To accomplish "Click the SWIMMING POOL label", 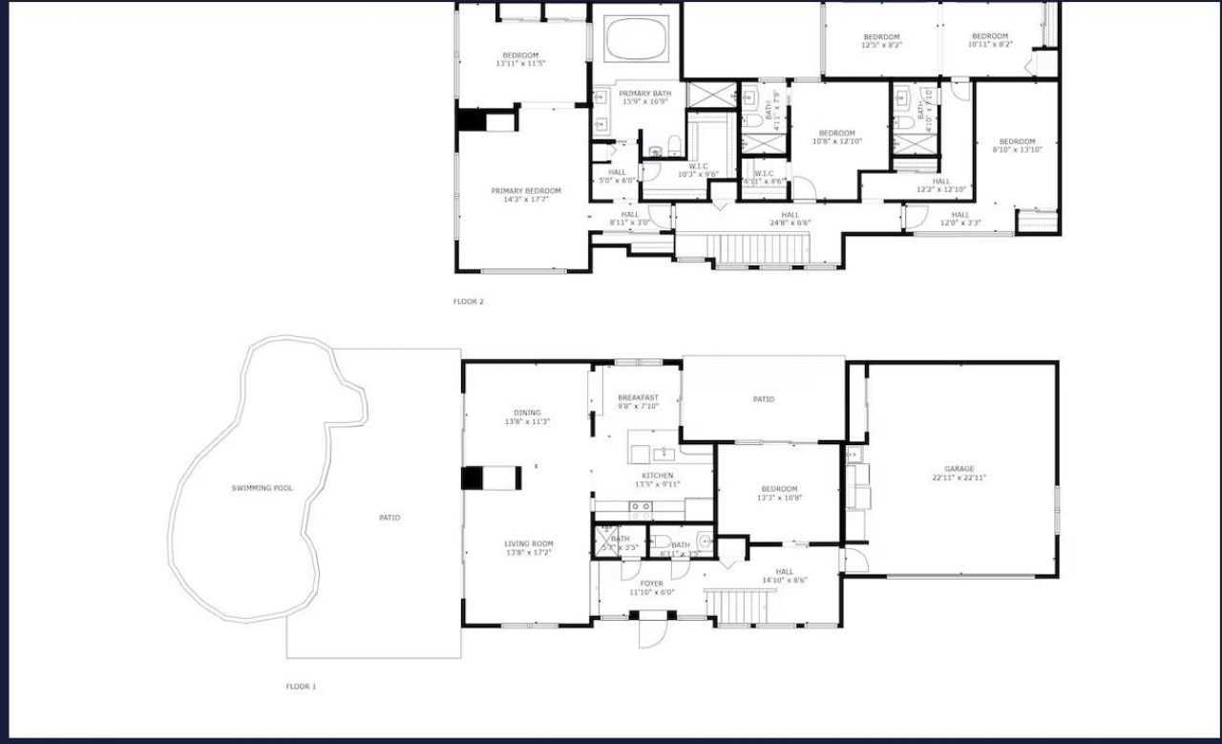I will (x=263, y=488).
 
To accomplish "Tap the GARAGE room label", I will (x=959, y=469).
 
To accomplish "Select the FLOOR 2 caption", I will (x=468, y=302).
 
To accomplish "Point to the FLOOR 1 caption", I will (x=301, y=686).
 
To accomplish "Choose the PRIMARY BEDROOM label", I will (x=526, y=191).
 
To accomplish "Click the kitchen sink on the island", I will (x=664, y=454).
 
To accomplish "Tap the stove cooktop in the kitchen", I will (x=640, y=507).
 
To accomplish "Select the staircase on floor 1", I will (x=737, y=606).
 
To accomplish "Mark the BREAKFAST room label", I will (x=638, y=397).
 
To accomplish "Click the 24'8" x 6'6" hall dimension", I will (x=790, y=223).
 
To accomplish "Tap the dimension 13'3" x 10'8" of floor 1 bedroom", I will (x=779, y=498).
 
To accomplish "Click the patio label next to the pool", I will (x=390, y=518).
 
